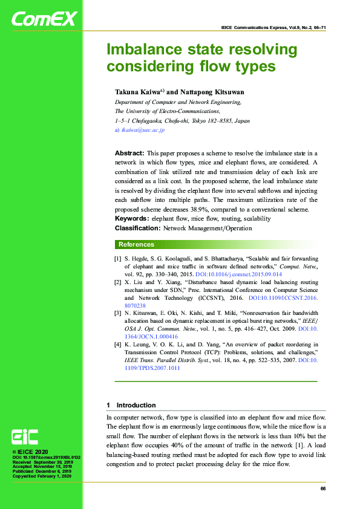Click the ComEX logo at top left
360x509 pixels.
coord(44,19)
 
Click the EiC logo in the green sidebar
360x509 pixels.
coord(25,437)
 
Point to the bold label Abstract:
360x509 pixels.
coord(129,154)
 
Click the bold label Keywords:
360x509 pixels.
coord(132,218)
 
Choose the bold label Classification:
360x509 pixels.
coord(136,228)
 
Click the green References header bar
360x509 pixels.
coord(216,244)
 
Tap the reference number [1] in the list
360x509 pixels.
coord(118,259)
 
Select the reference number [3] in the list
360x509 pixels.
coord(118,313)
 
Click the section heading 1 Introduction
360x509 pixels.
coord(131,405)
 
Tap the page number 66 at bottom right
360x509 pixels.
coord(323,488)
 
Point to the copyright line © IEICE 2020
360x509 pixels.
coord(31,452)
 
